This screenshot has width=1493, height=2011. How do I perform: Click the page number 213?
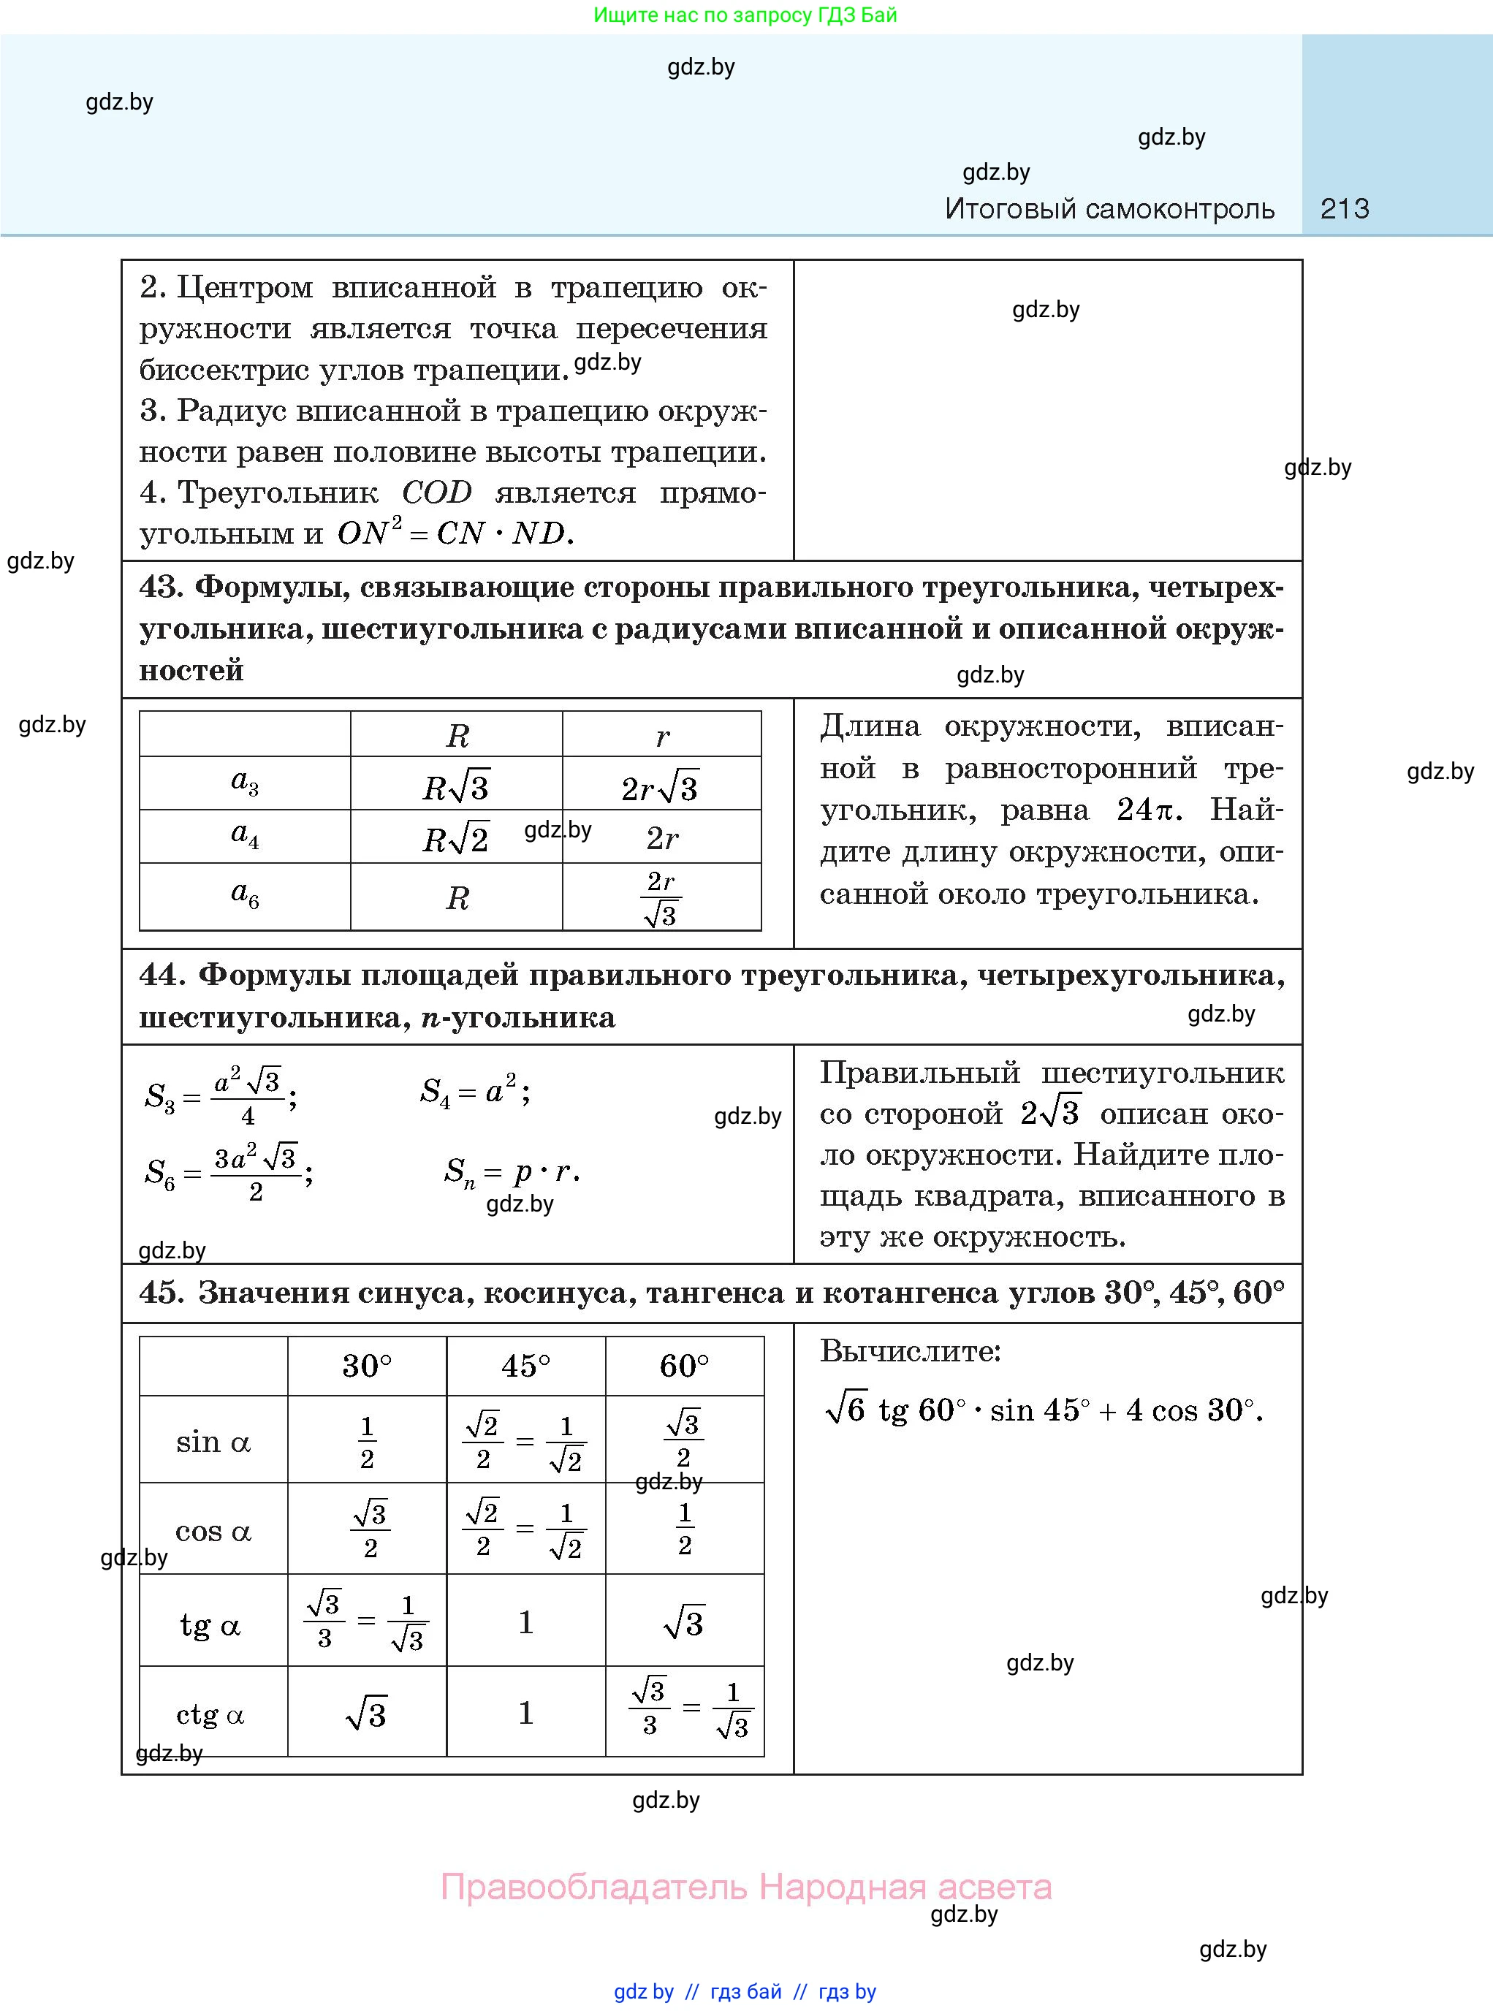coord(1344,209)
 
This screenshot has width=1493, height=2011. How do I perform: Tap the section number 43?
coord(161,588)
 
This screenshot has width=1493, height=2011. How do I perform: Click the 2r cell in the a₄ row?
coord(661,839)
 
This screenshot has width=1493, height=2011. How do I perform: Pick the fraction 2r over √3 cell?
coord(661,898)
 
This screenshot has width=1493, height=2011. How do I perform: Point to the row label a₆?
coord(244,894)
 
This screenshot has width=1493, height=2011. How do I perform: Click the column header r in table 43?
coord(662,737)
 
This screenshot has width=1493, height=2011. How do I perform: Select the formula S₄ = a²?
coord(474,1092)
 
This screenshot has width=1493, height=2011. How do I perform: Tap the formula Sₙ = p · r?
coord(512,1172)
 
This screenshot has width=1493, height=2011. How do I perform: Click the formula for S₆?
coord(229,1172)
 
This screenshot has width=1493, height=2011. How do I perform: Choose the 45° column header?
coord(525,1366)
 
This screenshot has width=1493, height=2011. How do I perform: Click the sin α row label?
coord(213,1442)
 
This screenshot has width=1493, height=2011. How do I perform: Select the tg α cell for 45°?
coord(525,1622)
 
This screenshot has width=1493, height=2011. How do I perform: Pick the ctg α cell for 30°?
coord(366,1714)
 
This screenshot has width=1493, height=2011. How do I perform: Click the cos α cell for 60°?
coord(684,1529)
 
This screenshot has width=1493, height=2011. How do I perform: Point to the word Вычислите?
coord(910,1351)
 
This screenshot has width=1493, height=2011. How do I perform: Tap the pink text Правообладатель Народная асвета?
coord(745,1886)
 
